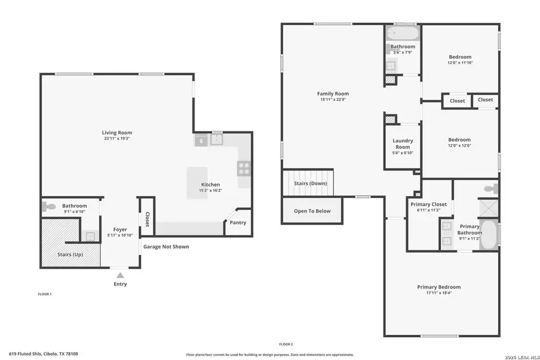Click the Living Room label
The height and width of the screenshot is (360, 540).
[x=116, y=133]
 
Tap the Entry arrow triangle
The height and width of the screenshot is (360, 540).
[x=120, y=275]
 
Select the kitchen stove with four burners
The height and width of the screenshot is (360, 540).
[x=244, y=168]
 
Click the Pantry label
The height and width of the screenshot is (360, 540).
[x=238, y=223]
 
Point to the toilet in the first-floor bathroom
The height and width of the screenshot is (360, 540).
[x=50, y=207]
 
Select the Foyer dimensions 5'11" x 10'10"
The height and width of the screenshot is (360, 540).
[x=121, y=235]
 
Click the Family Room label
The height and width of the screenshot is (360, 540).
[x=333, y=94]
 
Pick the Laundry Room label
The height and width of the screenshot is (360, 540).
[x=403, y=144]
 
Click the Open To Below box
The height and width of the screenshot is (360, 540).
[x=312, y=211]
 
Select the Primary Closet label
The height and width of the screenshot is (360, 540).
[x=428, y=205]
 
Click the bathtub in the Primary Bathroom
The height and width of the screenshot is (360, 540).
[x=490, y=235]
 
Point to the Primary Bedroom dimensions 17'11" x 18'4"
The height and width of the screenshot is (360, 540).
[x=439, y=293]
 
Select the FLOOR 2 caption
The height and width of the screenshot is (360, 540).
[x=286, y=344]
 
